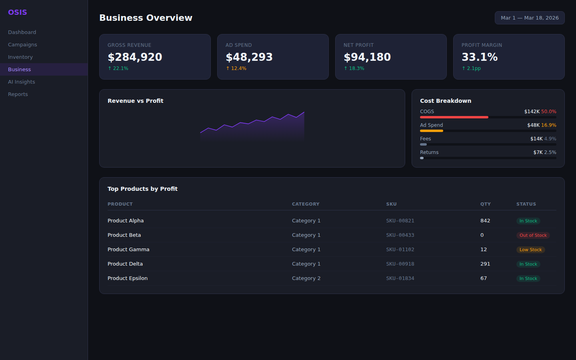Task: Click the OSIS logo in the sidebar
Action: pyautogui.click(x=18, y=12)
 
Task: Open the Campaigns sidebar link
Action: pyautogui.click(x=22, y=44)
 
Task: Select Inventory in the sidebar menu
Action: pyautogui.click(x=20, y=57)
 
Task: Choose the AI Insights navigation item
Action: pyautogui.click(x=22, y=82)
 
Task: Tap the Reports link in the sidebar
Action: pyautogui.click(x=18, y=94)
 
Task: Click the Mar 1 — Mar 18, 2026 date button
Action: pyautogui.click(x=530, y=18)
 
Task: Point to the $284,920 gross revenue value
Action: pyautogui.click(x=135, y=57)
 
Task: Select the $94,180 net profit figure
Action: pyautogui.click(x=367, y=57)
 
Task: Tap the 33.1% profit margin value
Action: pyautogui.click(x=480, y=57)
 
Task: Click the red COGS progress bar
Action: pyautogui.click(x=454, y=117)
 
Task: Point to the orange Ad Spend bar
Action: pyautogui.click(x=431, y=131)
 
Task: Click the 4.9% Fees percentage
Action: pyautogui.click(x=550, y=139)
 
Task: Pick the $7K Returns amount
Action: pyautogui.click(x=538, y=152)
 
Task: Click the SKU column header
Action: pyautogui.click(x=391, y=204)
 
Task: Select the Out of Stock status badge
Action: pyautogui.click(x=533, y=235)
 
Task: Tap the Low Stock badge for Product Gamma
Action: pyautogui.click(x=530, y=250)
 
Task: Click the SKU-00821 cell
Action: pyautogui.click(x=400, y=221)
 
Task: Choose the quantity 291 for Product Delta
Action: pyautogui.click(x=485, y=264)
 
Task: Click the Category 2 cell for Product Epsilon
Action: pyautogui.click(x=306, y=278)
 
